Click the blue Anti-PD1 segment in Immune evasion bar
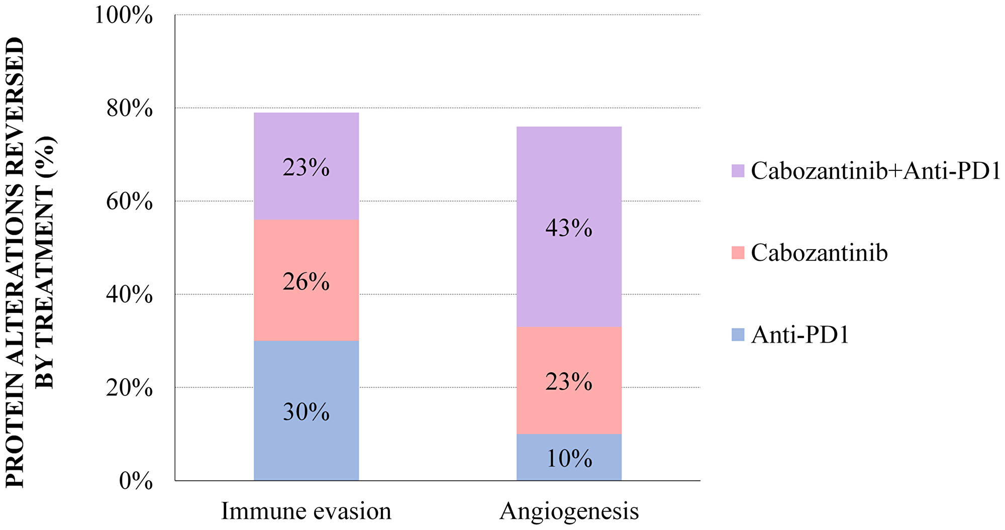pyautogui.click(x=306, y=382)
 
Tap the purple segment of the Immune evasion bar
pyautogui.click(x=306, y=141)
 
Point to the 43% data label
pyautogui.click(x=569, y=229)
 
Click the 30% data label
pyautogui.click(x=306, y=412)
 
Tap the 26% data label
pyautogui.click(x=306, y=283)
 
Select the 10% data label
pyautogui.click(x=569, y=459)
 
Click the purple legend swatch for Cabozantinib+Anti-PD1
pyautogui.click(x=738, y=171)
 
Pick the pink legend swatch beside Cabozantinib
pyautogui.click(x=738, y=253)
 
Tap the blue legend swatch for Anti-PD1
pyautogui.click(x=738, y=335)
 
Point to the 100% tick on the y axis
pyautogui.click(x=124, y=15)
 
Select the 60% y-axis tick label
pyautogui.click(x=129, y=201)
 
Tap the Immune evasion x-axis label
pyautogui.click(x=306, y=511)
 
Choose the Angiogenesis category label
pyautogui.click(x=569, y=511)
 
